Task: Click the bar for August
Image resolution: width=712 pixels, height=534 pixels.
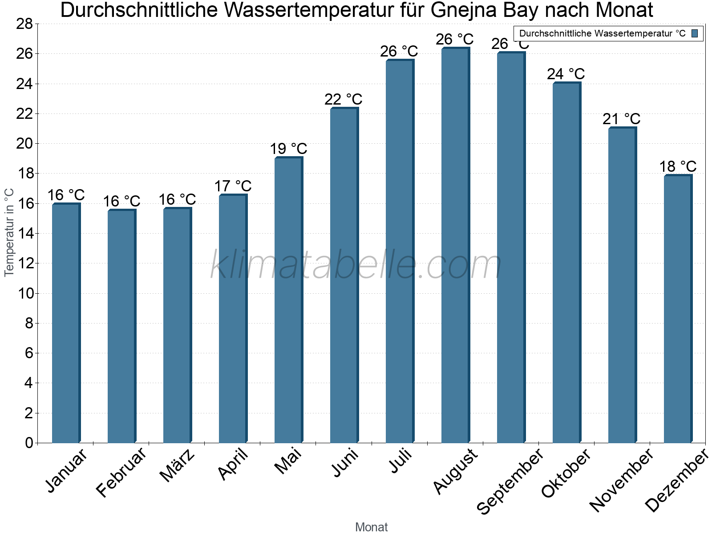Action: tap(455, 245)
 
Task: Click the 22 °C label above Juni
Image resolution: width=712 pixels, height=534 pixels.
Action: tap(343, 99)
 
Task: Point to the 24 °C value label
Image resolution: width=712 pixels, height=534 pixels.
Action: tap(566, 74)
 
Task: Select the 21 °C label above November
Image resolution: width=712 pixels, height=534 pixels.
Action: tap(621, 119)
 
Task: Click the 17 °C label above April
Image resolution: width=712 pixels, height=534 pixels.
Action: tap(233, 186)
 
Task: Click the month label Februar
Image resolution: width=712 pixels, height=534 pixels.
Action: tap(121, 473)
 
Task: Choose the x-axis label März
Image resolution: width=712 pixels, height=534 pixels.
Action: tap(178, 465)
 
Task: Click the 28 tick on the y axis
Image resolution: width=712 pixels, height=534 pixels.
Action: tap(24, 24)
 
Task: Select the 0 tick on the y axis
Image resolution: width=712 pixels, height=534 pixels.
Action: tap(29, 443)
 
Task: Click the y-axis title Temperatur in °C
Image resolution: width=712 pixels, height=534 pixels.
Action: tap(9, 232)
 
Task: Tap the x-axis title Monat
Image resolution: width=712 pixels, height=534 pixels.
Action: tap(371, 527)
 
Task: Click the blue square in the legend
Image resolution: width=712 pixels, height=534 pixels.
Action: tap(695, 33)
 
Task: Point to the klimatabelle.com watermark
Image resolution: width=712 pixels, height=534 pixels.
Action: tap(356, 265)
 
